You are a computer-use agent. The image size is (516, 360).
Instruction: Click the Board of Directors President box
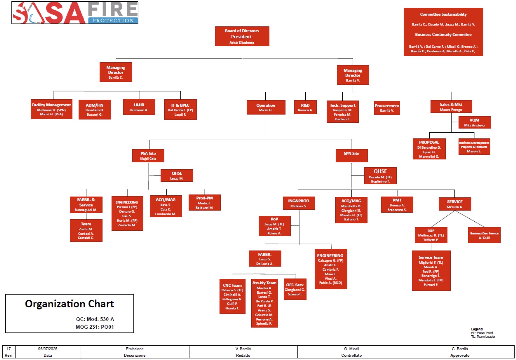point(242,36)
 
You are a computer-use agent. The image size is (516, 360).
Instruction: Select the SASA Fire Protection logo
point(75,13)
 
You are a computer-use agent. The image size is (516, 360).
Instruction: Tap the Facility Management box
point(51,109)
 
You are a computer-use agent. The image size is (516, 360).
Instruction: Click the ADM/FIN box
point(95,110)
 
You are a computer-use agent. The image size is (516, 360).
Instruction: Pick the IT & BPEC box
point(180,110)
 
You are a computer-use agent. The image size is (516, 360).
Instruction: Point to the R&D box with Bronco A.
point(305,107)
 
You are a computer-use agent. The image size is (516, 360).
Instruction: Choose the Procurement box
point(387,108)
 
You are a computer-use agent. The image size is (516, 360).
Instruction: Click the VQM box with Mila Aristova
point(474,122)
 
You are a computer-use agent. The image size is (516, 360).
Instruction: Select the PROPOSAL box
point(429,149)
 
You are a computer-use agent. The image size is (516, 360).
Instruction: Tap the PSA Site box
point(148,156)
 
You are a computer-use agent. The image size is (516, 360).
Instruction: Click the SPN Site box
point(352,155)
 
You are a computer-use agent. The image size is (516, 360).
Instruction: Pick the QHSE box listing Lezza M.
point(177,176)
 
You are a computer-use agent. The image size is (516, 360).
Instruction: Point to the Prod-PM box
point(205,202)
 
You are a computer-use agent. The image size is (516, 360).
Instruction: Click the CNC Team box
point(232,296)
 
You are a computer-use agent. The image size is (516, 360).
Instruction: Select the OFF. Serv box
point(295,289)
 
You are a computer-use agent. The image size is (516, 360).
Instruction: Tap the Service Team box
point(431,271)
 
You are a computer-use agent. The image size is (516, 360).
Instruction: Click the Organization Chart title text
point(69,304)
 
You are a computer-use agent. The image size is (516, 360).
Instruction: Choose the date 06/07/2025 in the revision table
point(48,349)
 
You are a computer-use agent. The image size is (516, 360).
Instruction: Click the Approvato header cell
point(460,355)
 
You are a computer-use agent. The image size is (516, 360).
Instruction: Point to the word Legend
point(477,329)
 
